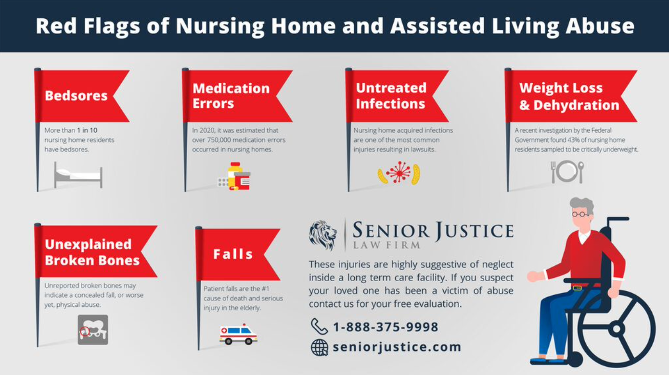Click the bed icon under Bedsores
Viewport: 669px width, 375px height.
coord(78,175)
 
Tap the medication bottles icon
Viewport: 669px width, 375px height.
coord(234,176)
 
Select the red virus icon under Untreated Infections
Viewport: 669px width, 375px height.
coord(399,173)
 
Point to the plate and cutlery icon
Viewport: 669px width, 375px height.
coord(567,172)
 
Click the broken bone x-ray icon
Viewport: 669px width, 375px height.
coord(93,330)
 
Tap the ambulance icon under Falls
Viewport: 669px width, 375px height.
coord(238,334)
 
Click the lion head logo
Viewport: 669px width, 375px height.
coord(323,235)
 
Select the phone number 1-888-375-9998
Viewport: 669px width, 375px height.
coord(386,327)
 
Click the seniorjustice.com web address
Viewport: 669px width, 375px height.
coord(397,347)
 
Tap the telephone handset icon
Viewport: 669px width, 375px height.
coord(319,326)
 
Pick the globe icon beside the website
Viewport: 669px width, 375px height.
coord(320,348)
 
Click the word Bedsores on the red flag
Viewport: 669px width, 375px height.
coord(76,96)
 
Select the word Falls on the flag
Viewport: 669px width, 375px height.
coord(233,254)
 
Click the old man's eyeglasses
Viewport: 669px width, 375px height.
coord(579,214)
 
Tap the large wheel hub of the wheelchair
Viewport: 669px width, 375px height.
coord(617,329)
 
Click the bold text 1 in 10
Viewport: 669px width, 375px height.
coord(87,130)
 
